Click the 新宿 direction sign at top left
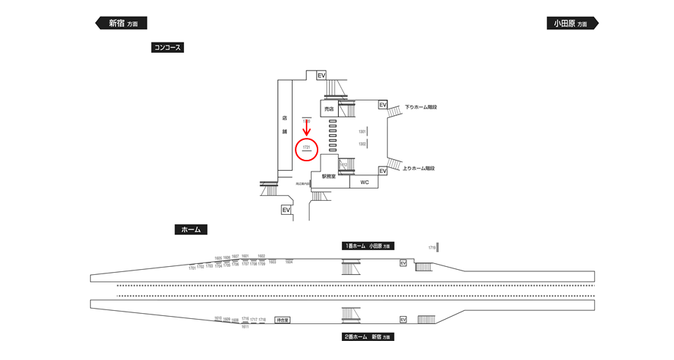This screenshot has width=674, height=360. (122, 23)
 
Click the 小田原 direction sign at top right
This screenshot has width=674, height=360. (571, 23)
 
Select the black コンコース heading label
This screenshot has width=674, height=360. (166, 48)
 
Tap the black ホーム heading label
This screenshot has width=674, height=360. (191, 229)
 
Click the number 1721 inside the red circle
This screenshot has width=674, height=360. (307, 147)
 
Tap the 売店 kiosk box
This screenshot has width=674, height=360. (329, 108)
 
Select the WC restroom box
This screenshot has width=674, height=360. (365, 182)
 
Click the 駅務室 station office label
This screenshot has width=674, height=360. (329, 177)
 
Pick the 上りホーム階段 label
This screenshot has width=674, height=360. (419, 169)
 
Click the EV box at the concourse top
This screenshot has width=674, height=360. (321, 76)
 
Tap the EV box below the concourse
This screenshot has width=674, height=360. (286, 210)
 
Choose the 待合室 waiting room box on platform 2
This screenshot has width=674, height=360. (282, 320)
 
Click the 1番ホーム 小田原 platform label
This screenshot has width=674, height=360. (367, 246)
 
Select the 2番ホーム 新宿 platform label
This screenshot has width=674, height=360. (367, 337)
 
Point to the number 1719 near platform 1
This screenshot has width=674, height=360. (432, 248)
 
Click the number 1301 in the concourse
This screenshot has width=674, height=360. (362, 131)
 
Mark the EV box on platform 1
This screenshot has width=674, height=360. (403, 263)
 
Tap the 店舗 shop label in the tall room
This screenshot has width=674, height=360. (285, 124)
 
